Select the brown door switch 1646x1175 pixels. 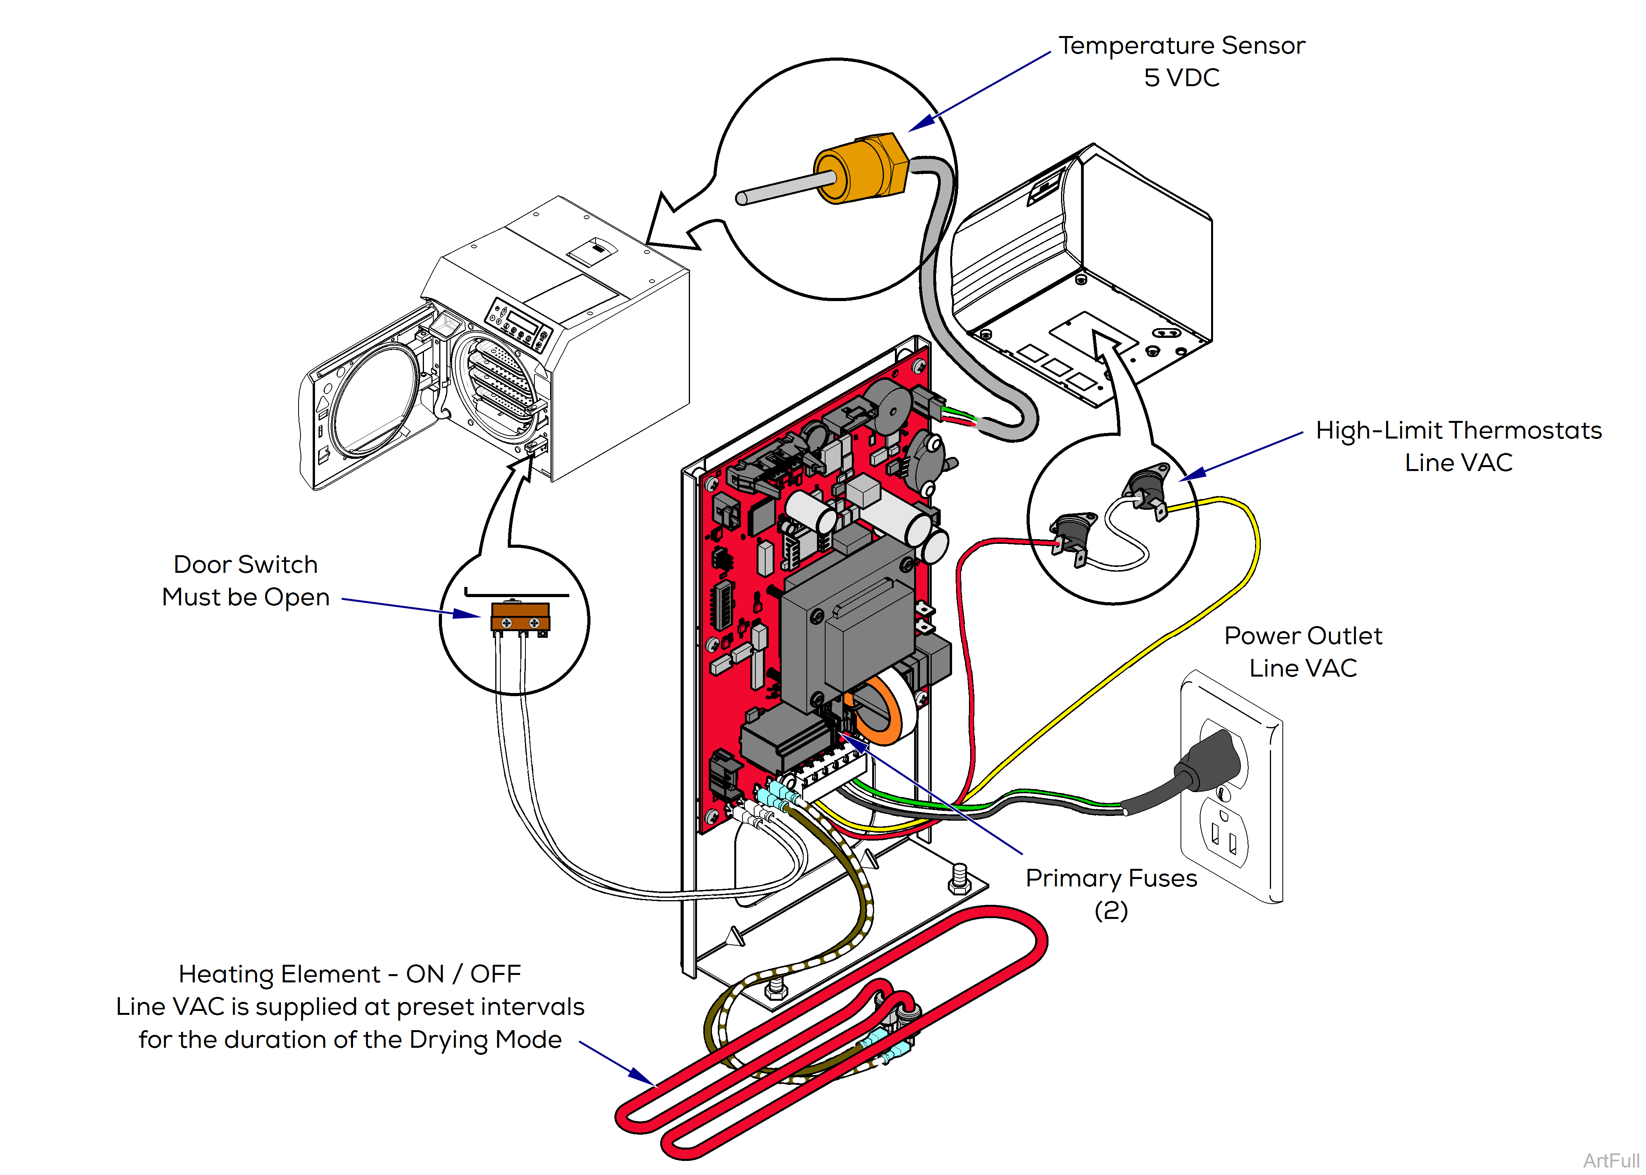point(520,617)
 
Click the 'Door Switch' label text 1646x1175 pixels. point(245,564)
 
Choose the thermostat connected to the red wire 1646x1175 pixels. point(1071,532)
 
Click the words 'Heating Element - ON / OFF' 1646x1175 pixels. point(349,974)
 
